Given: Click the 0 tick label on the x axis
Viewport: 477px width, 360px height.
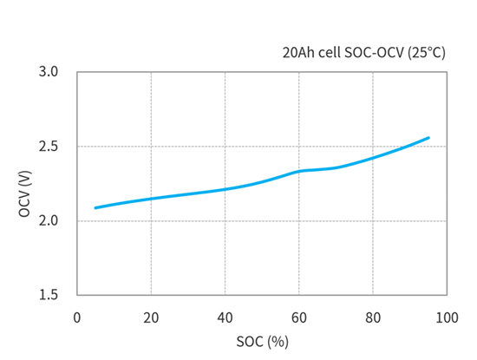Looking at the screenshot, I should click(77, 318).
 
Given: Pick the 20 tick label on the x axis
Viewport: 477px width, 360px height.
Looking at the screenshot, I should click(151, 318).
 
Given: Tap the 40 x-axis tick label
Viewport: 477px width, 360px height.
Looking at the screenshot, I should click(225, 318).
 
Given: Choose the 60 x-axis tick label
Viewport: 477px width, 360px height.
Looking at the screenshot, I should click(299, 318).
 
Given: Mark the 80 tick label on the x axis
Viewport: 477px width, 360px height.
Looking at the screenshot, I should click(374, 318).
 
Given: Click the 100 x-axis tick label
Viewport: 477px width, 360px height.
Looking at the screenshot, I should click(447, 318).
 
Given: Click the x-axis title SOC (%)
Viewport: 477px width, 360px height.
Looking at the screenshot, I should click(262, 342).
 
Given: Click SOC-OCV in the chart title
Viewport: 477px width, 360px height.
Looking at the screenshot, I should click(371, 53).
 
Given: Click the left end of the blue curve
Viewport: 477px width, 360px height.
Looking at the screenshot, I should click(95, 208).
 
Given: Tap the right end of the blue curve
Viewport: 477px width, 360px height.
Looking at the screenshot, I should click(428, 137).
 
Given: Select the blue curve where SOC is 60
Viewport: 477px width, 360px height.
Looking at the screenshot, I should click(299, 171).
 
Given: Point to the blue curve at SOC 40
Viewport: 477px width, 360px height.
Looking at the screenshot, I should click(225, 189).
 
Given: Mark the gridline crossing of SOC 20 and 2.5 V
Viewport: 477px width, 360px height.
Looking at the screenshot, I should click(151, 147).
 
